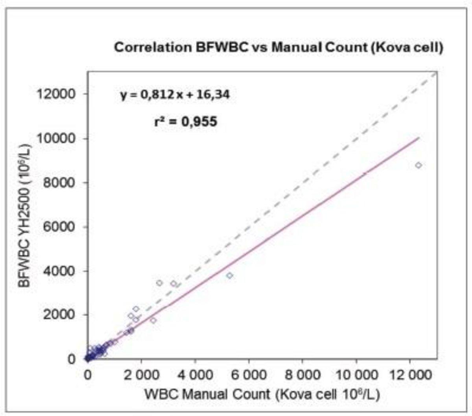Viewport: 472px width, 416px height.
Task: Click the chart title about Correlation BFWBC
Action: click(x=278, y=48)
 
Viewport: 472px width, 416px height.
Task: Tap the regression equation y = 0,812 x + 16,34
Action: click(x=175, y=95)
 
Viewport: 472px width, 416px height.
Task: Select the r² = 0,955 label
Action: click(x=185, y=122)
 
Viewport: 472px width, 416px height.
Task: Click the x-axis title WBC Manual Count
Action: click(x=262, y=394)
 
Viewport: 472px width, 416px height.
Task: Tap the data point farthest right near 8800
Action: click(x=419, y=165)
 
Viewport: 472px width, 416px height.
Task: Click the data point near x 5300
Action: click(x=230, y=276)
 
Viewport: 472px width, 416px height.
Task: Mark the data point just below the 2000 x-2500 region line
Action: click(x=153, y=320)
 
